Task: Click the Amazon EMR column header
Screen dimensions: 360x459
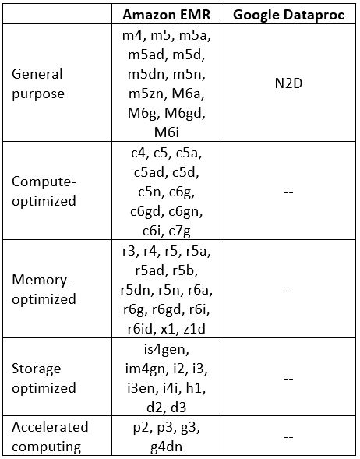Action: tap(166, 14)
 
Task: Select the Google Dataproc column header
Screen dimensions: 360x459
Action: tap(288, 15)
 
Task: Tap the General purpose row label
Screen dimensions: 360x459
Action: tap(37, 84)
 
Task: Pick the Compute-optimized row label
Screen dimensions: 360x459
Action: tap(44, 192)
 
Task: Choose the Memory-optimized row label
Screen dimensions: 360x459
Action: tap(44, 290)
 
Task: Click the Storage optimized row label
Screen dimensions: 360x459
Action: tap(44, 378)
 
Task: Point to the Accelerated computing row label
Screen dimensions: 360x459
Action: tap(50, 436)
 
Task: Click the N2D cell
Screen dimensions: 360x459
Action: tap(288, 83)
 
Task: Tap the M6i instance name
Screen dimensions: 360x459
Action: tap(166, 132)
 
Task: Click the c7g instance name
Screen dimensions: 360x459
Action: tap(180, 231)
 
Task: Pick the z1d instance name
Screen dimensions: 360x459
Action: tap(195, 329)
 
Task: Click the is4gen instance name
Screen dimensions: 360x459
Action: tap(166, 349)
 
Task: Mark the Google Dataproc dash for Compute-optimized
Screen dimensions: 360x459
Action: tap(288, 192)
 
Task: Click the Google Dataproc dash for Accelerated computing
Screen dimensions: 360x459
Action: tap(288, 437)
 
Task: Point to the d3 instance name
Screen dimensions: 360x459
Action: tap(178, 408)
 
